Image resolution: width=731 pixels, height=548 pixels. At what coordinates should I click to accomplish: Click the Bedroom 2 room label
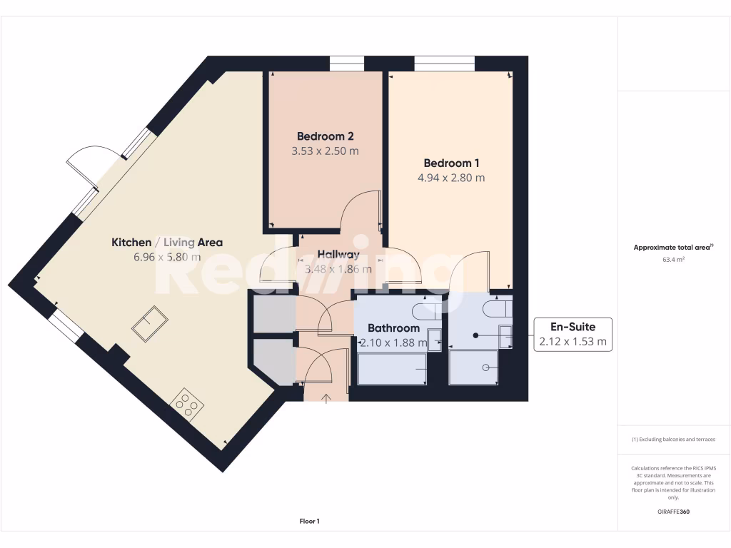326,136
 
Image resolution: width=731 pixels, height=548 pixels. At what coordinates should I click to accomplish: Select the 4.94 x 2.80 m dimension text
451,178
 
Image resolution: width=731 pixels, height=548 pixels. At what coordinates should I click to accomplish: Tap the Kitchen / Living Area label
167,243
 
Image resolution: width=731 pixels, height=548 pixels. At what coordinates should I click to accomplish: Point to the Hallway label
338,254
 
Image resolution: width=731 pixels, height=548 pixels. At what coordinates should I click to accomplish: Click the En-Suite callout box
573,334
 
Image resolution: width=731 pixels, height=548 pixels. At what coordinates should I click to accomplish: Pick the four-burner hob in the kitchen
187,405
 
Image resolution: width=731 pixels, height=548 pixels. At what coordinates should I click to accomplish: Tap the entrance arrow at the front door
327,398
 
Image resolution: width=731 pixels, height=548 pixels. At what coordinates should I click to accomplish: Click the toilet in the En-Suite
495,308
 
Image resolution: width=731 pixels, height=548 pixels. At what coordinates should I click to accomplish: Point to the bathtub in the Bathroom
392,368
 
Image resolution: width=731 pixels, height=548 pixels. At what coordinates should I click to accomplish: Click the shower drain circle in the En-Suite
485,367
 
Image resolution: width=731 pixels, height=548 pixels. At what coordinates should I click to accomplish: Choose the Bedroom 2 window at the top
347,64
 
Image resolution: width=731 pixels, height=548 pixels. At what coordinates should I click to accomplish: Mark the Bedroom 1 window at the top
444,64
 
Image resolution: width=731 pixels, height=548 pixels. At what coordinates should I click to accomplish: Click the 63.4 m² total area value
673,260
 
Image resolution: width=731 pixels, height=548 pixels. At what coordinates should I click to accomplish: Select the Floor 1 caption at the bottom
309,522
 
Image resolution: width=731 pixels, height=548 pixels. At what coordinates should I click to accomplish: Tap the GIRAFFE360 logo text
673,512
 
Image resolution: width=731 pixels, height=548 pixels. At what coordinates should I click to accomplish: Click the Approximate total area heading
673,248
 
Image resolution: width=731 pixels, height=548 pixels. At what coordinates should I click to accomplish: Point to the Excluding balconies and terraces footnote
673,440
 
